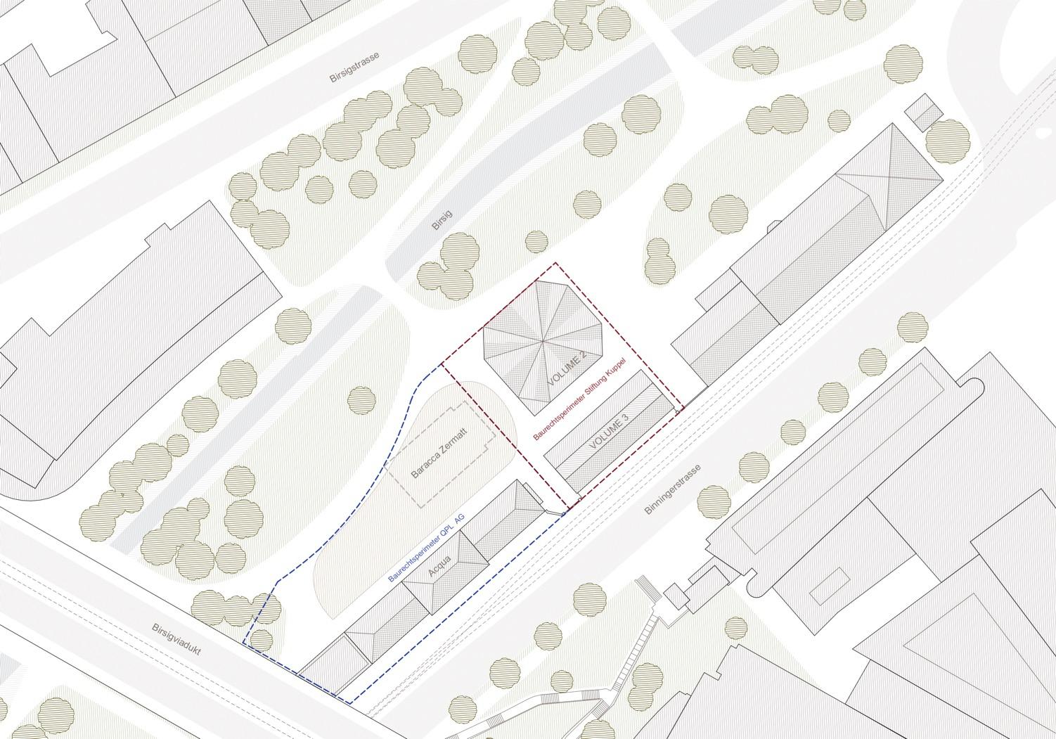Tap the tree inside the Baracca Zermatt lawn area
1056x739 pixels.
coord(361,399)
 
